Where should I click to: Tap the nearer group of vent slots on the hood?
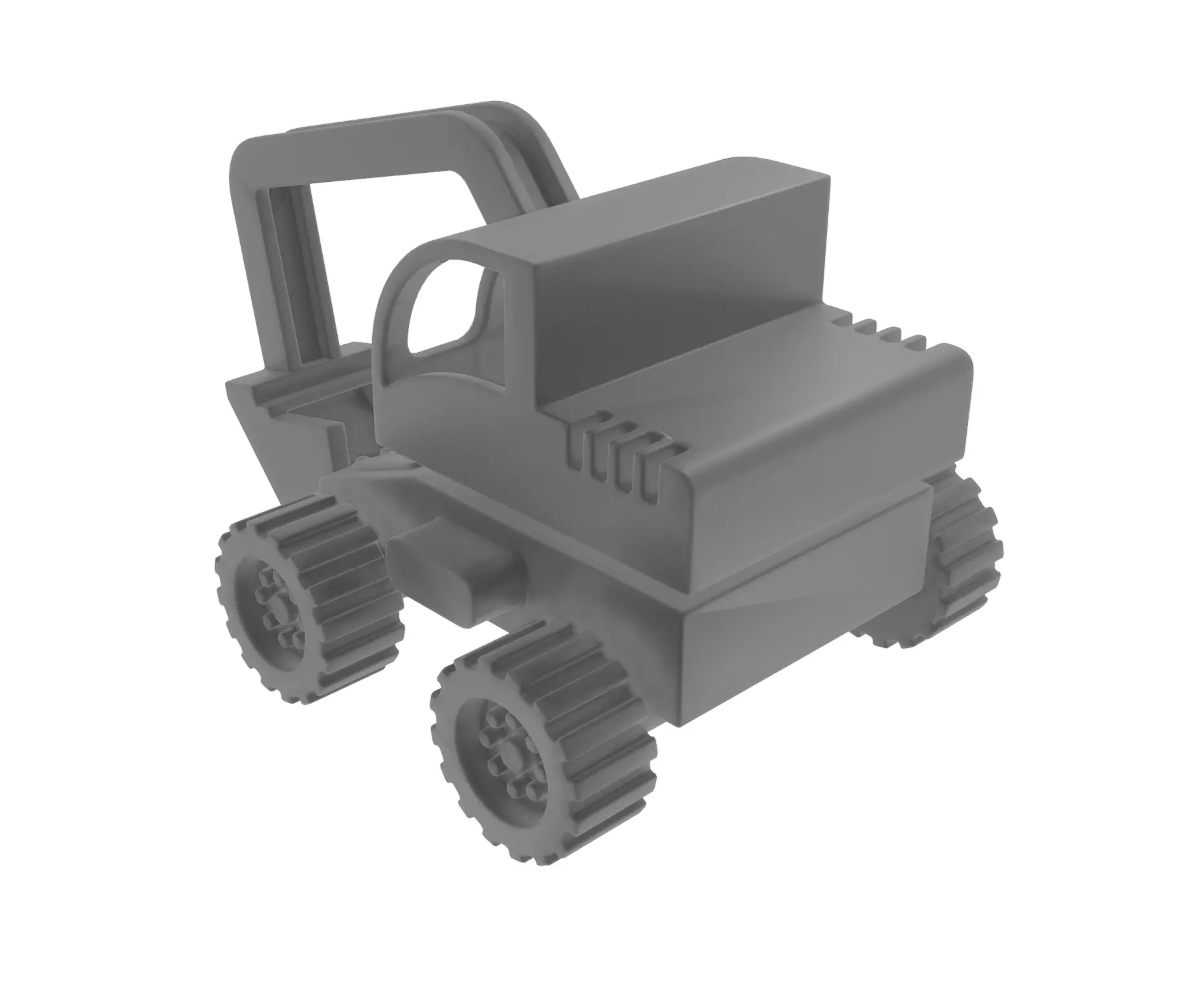tap(621, 453)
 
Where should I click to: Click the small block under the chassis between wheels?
tap(453, 570)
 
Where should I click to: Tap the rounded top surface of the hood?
tap(776, 401)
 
